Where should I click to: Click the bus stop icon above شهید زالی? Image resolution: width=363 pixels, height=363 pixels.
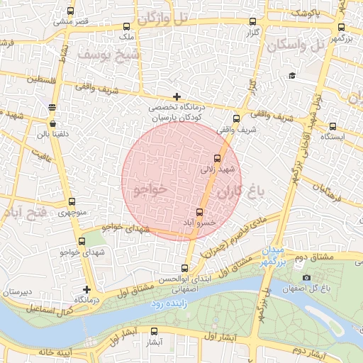tap(217, 158)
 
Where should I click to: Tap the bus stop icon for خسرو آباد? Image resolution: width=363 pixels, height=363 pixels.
tap(199, 212)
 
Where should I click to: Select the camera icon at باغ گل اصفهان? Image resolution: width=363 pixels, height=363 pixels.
tap(306, 278)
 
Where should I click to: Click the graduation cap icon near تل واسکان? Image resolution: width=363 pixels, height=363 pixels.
tap(291, 76)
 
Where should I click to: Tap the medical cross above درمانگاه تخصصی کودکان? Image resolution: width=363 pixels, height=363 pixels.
tap(177, 96)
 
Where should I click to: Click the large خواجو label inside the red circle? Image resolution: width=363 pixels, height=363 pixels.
tap(149, 189)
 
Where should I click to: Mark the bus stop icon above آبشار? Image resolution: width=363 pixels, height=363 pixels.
tap(155, 330)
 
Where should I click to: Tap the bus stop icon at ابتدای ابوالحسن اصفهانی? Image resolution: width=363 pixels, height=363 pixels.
tap(184, 268)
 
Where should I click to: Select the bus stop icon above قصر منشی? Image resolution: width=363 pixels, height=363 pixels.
tap(69, 11)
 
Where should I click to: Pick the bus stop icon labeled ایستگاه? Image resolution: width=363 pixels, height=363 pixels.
tap(333, 126)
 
